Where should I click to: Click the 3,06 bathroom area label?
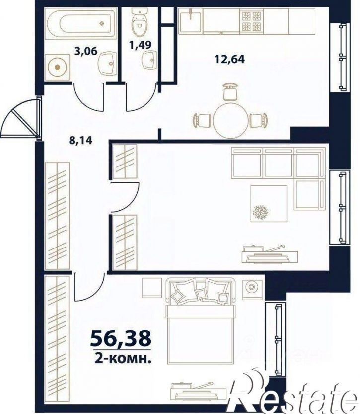(x=86, y=51)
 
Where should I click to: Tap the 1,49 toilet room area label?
(x=141, y=45)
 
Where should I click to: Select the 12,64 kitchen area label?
(x=230, y=59)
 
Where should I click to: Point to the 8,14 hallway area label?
(x=81, y=140)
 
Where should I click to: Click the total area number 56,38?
(x=121, y=338)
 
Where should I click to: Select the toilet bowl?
(x=140, y=22)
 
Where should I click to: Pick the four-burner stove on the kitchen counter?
(x=251, y=21)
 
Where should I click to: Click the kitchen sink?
(x=190, y=21)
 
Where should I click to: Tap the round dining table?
(x=230, y=121)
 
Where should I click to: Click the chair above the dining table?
(x=230, y=91)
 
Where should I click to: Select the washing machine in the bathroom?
(x=58, y=67)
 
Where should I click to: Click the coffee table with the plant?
(x=269, y=204)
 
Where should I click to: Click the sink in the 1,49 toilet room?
(x=149, y=60)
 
